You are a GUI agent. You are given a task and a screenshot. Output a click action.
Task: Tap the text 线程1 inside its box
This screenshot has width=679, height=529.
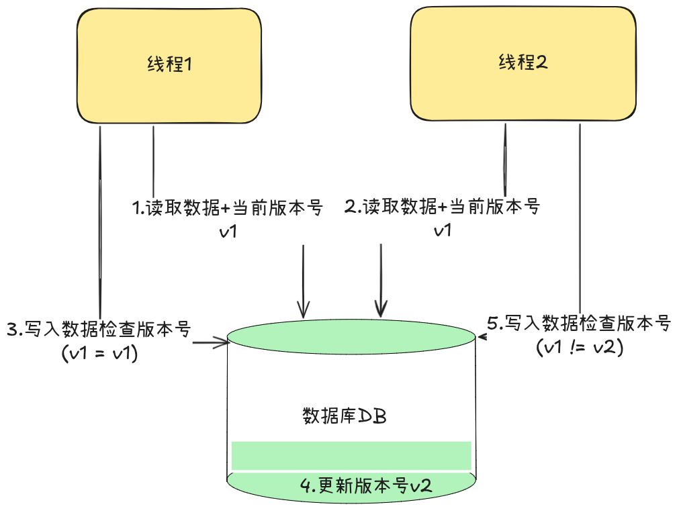(170, 65)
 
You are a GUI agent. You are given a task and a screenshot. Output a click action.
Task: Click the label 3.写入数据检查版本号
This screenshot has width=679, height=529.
(99, 330)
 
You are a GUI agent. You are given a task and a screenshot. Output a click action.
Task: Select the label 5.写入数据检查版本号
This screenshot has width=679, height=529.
(578, 324)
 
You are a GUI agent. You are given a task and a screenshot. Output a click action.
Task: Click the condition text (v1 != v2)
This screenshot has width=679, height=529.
(580, 347)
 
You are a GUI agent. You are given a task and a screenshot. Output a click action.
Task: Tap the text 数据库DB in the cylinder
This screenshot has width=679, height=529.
(345, 416)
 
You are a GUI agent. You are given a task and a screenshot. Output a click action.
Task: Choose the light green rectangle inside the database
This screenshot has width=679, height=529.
(351, 456)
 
